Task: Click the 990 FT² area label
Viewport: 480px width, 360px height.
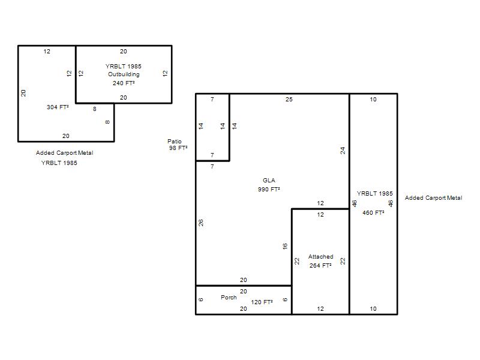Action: [269, 189]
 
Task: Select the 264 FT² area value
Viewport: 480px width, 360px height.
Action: [320, 265]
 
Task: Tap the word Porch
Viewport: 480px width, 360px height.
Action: [229, 297]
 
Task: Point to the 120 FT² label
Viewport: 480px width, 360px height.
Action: [262, 302]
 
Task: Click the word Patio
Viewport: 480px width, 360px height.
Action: [175, 141]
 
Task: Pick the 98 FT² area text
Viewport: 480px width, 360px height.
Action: [178, 148]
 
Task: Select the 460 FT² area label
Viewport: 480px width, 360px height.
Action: [373, 212]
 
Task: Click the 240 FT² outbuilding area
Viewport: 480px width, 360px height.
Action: [124, 83]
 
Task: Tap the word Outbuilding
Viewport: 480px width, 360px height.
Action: [124, 74]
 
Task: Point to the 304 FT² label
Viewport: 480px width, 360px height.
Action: [58, 107]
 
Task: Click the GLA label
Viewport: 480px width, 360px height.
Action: [269, 181]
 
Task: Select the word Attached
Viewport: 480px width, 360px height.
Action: [321, 257]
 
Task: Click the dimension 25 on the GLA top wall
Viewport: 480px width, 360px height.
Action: [289, 99]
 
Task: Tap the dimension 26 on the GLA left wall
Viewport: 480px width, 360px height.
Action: [201, 223]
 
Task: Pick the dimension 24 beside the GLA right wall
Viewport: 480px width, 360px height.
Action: [343, 151]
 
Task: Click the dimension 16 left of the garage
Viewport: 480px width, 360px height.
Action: [285, 246]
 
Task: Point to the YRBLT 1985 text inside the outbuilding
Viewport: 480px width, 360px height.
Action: [124, 66]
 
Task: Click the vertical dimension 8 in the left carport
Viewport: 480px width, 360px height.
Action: [107, 122]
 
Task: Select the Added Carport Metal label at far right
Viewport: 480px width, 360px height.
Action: [433, 198]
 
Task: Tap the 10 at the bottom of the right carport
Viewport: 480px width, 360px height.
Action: [373, 308]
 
